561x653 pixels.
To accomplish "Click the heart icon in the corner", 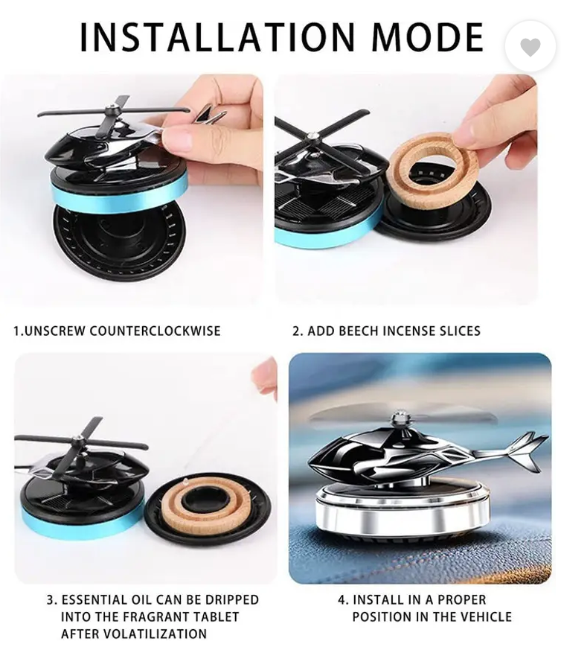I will tap(530, 48).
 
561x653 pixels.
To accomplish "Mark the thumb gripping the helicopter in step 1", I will tap(182, 138).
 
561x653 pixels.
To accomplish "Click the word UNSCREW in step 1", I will tap(55, 331).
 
